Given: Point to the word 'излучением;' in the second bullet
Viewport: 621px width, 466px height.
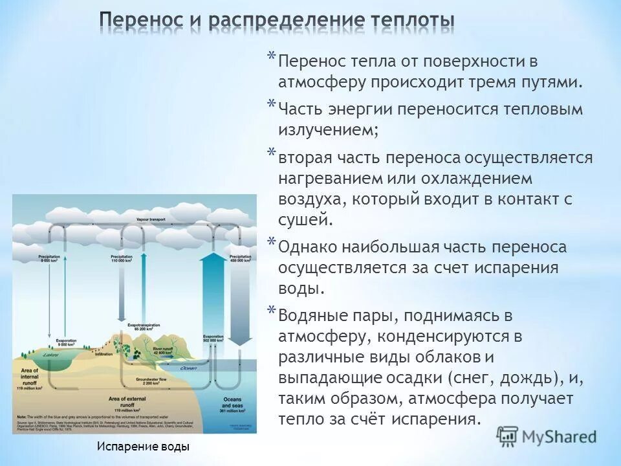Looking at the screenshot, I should (329, 129).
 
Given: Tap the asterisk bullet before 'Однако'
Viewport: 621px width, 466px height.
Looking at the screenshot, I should (272, 242).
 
